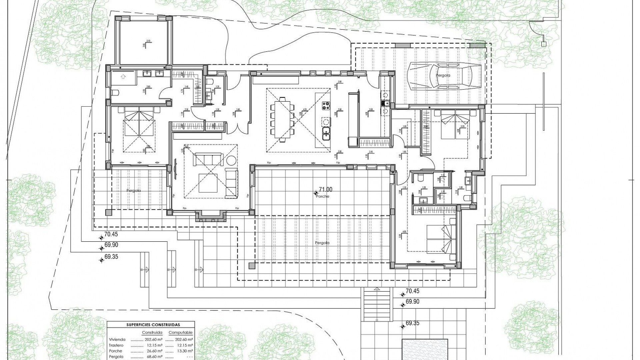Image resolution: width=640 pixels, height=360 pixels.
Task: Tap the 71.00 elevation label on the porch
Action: tap(325, 190)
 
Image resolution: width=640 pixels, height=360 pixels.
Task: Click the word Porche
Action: tap(323, 196)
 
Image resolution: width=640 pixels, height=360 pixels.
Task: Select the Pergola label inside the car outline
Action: tap(443, 75)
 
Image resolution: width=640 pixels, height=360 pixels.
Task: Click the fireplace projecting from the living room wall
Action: tap(211, 216)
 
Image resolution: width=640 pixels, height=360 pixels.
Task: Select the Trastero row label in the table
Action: tap(116, 345)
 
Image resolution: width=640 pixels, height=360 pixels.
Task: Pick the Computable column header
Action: tap(180, 333)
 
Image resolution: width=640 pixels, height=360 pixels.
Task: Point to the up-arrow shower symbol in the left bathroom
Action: tap(123, 76)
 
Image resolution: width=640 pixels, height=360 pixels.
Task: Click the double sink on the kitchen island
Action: tap(326, 134)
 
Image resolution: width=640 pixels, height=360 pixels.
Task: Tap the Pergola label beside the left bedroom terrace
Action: tap(133, 191)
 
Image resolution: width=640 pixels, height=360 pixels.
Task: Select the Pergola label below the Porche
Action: tap(322, 243)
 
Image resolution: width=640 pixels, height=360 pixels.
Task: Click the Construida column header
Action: tap(152, 333)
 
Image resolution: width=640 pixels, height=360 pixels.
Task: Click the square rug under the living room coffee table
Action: tap(208, 184)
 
